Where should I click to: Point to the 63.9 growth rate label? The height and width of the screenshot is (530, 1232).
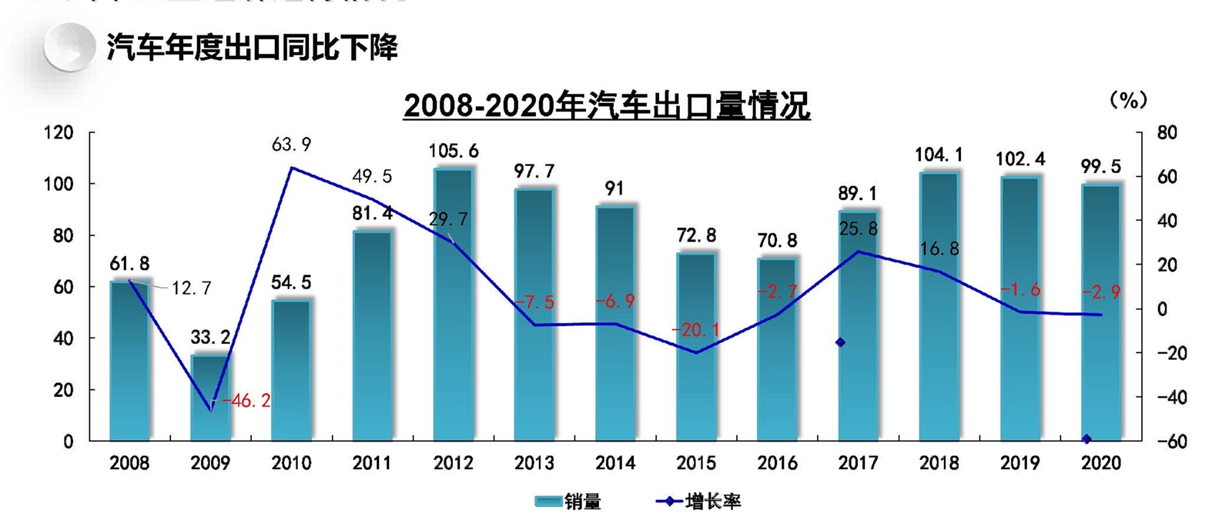tap(291, 145)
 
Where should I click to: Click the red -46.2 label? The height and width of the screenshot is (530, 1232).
tap(246, 401)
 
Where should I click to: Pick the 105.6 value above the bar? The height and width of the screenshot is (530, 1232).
tap(454, 152)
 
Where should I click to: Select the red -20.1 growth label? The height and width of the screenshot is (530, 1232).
tap(695, 330)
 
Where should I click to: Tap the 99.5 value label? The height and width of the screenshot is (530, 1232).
tap(1100, 167)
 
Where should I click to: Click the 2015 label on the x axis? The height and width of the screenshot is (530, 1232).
tap(696, 463)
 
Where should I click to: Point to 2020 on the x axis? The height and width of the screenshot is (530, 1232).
tap(1101, 463)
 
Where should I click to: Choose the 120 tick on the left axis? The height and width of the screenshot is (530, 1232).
tap(59, 133)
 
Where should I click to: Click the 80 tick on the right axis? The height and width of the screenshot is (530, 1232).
tap(1167, 133)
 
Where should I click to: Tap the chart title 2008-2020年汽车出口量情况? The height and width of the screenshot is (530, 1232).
tap(607, 106)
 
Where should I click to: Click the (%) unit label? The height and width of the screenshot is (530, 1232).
tap(1128, 100)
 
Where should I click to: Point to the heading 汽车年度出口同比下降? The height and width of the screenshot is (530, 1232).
tap(252, 48)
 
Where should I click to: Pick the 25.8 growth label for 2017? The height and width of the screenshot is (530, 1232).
tap(858, 228)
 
